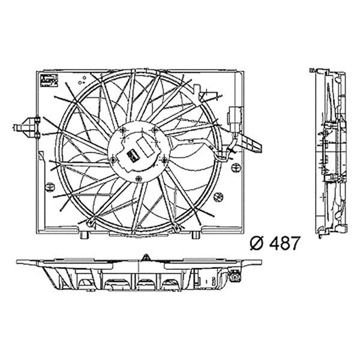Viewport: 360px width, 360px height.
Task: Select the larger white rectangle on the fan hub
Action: tap(145, 148)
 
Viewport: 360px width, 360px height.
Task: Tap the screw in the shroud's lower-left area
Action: tap(89, 225)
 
